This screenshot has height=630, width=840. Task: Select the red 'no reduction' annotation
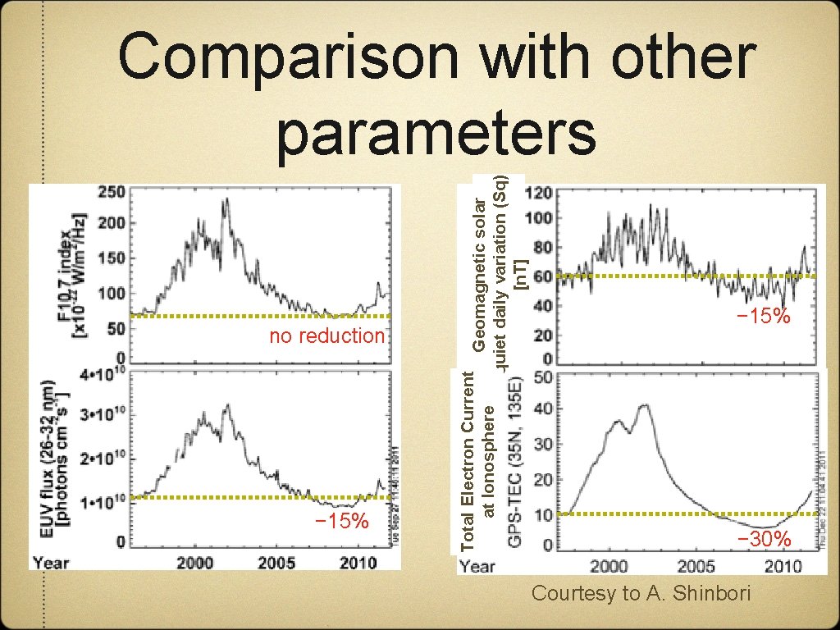[x=327, y=336]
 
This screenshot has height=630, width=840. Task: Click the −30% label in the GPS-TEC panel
[x=764, y=539]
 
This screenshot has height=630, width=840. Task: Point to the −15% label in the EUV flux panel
[x=342, y=521]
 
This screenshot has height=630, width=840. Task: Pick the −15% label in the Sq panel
[x=762, y=316]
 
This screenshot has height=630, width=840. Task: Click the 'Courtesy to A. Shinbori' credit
[x=641, y=593]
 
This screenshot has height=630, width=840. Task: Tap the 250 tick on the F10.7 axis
[x=112, y=192]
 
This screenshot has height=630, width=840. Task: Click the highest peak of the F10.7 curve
[x=226, y=199]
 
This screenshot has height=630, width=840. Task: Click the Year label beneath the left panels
[x=51, y=563]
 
